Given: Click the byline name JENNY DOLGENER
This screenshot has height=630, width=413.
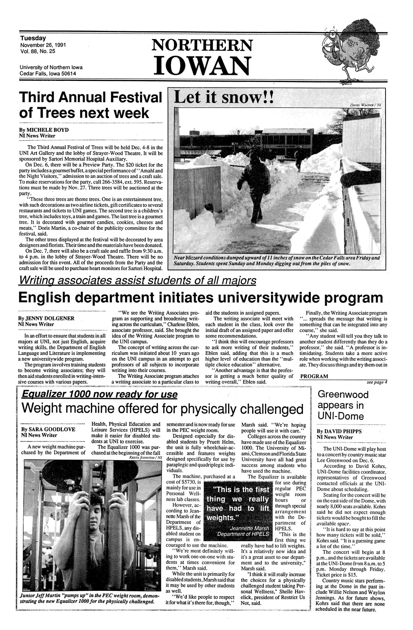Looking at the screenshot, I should [x=51, y=318].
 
